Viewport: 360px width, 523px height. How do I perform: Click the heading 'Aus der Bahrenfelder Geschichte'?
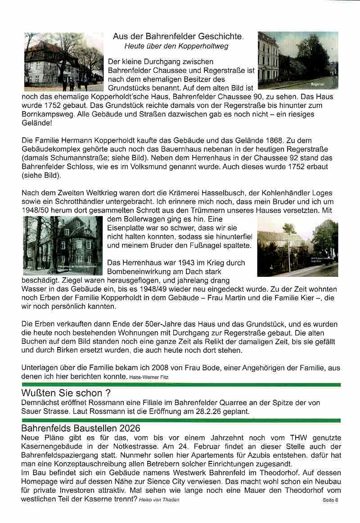click(178, 36)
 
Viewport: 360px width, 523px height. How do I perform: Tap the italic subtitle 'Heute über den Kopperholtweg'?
click(176, 46)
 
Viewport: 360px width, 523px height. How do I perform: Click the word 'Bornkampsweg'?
click(43, 114)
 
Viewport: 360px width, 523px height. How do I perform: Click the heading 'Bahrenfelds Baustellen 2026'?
click(81, 428)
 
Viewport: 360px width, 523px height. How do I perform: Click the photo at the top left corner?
click(63, 62)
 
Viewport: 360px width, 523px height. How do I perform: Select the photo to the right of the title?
click(297, 60)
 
